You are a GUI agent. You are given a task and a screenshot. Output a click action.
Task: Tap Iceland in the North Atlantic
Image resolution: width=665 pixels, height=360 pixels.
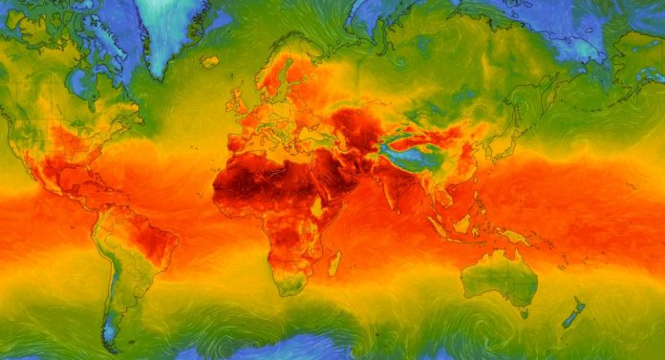click(209, 62)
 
